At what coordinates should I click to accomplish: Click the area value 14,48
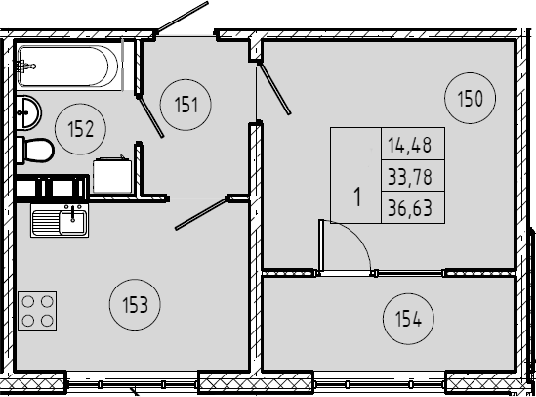tap(409, 145)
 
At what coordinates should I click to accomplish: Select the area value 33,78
tap(410, 177)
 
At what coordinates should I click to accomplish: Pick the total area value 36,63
tap(410, 208)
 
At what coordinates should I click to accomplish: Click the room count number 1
tap(357, 198)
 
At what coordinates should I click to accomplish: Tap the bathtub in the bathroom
tap(68, 66)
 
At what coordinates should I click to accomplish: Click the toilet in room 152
tap(35, 151)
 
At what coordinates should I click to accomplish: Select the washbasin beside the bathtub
tap(28, 112)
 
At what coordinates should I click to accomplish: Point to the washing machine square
tap(112, 175)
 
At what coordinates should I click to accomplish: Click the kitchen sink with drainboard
tap(60, 221)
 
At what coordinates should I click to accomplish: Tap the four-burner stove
tap(37, 311)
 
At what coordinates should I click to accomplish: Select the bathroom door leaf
tap(150, 117)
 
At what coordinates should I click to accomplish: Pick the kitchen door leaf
tap(202, 213)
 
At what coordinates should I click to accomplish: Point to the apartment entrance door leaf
tap(183, 18)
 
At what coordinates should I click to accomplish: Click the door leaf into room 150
tap(273, 88)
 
